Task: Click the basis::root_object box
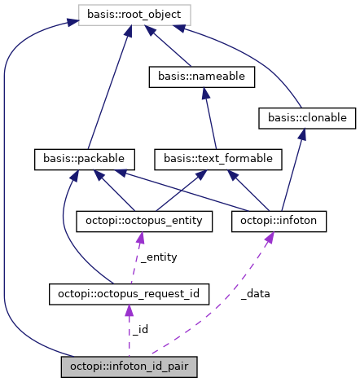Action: [134, 14]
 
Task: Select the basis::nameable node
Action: [202, 77]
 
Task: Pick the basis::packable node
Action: [84, 157]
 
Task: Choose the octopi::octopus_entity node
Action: [144, 220]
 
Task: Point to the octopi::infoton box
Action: [279, 220]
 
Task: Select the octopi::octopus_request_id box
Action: [130, 292]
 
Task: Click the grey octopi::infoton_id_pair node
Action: [129, 367]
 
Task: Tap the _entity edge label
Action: [159, 257]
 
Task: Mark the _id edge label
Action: [139, 329]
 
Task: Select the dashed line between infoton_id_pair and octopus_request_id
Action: [129, 329]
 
